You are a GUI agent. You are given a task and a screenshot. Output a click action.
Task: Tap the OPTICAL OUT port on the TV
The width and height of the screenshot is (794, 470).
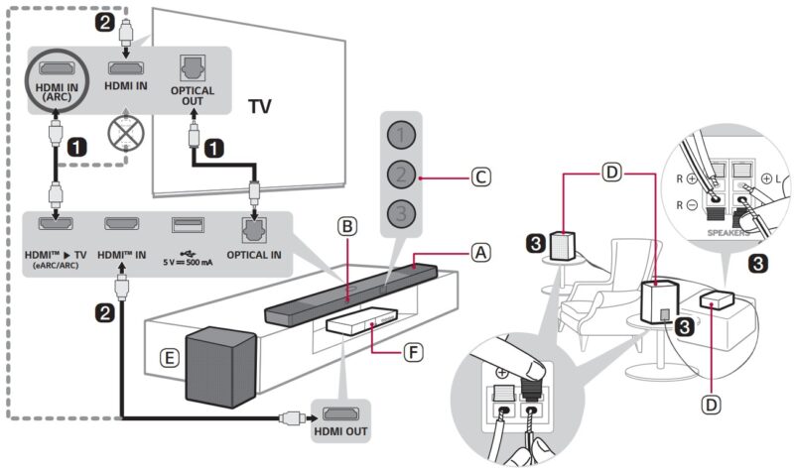[193, 68]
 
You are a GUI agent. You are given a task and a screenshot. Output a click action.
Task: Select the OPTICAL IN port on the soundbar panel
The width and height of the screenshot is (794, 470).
[257, 230]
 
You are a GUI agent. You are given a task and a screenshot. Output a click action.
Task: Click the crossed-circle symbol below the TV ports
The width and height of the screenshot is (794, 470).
[125, 129]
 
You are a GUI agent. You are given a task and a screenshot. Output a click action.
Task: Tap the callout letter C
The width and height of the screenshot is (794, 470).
[479, 178]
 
